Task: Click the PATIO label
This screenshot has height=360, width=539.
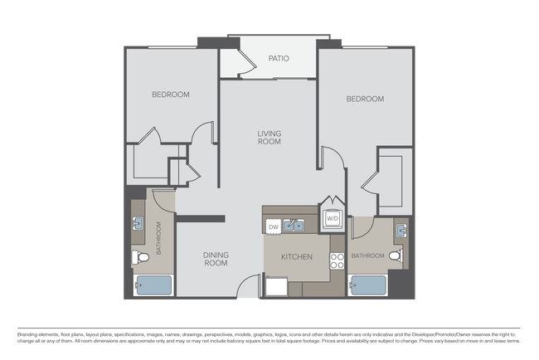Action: click(x=277, y=59)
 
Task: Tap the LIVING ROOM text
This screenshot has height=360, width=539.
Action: click(x=269, y=137)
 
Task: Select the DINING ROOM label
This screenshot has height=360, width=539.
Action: click(x=216, y=259)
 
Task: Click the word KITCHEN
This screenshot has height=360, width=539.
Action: click(x=296, y=257)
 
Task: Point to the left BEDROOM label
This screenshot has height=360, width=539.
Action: click(x=170, y=95)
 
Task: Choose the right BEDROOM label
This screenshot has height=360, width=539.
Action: click(x=365, y=99)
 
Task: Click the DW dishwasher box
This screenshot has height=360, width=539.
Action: click(x=273, y=226)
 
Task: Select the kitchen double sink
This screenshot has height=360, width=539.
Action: click(x=293, y=225)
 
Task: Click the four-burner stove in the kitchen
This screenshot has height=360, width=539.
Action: click(x=337, y=261)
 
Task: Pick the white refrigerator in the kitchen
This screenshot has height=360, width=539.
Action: click(x=276, y=287)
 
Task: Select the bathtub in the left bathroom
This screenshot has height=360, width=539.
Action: click(x=153, y=285)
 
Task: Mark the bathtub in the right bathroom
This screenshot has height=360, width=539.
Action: click(x=368, y=285)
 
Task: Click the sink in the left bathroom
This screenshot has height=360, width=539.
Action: click(x=138, y=224)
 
